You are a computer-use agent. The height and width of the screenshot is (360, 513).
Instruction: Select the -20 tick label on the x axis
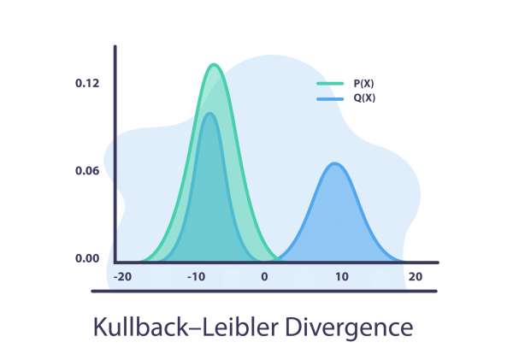123,277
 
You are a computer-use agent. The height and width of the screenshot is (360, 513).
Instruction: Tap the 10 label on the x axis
341,277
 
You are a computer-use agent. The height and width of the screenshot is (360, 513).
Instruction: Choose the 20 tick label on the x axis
416,277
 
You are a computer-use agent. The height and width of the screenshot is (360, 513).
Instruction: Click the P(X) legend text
363,84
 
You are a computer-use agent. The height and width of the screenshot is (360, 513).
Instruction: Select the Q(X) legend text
363,99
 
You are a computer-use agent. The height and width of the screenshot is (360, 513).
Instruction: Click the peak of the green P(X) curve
215,65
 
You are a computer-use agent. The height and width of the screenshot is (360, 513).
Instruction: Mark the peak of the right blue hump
336,163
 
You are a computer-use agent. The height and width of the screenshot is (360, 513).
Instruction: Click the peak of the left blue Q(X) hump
208,114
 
